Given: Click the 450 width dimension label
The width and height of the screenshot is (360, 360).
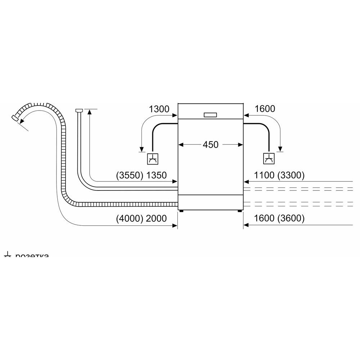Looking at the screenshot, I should point(211,145).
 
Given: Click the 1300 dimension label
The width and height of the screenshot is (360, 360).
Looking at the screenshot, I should point(159,109).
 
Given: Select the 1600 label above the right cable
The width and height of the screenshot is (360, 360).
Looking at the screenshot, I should point(265,109).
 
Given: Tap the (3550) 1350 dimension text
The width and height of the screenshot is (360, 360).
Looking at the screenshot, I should point(141,176).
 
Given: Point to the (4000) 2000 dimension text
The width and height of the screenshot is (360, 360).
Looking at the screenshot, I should point(141,218).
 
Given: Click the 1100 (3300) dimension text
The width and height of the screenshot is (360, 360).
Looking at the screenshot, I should point(279,176).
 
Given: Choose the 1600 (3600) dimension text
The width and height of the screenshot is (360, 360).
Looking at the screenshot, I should point(279,218).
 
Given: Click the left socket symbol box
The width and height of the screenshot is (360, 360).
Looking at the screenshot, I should point(153,158).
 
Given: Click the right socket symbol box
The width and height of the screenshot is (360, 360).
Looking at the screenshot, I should point(269,158).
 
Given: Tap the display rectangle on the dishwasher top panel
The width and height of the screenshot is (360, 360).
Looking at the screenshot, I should point(211,115).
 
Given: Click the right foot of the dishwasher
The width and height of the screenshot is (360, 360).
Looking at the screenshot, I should point(239,211).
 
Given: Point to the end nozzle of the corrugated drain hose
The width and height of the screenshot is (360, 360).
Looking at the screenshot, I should point(15,118).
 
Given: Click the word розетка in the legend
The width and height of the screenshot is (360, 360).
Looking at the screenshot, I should point(32,256).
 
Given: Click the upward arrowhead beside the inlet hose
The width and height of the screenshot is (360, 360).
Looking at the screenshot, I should point(90,113).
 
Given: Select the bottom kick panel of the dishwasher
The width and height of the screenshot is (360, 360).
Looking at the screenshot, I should point(211,202).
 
